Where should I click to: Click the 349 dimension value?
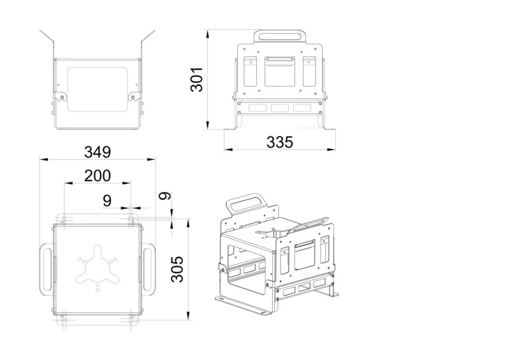click(x=98, y=152)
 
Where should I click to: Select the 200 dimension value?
click(x=98, y=176)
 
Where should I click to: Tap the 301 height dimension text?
click(x=197, y=80)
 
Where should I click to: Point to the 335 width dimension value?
click(x=280, y=142)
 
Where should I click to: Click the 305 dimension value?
click(x=178, y=269)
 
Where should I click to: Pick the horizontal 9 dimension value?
click(x=107, y=201)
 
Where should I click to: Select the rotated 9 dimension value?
click(x=164, y=196)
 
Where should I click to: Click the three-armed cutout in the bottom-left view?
click(x=98, y=265)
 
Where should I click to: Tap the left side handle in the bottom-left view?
click(x=47, y=270)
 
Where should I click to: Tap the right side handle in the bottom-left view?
click(x=149, y=270)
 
